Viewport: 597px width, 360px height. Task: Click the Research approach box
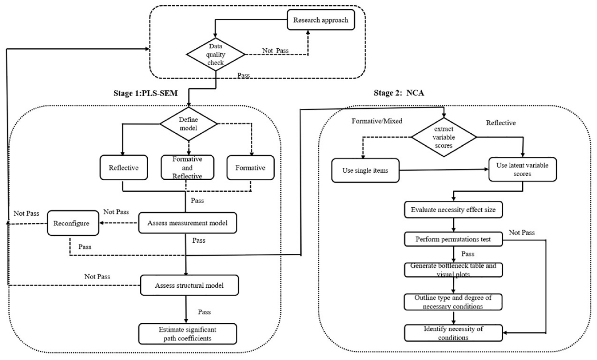[x=320, y=20]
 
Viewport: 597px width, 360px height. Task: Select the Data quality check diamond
[x=216, y=54]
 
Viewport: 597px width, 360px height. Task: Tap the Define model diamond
[x=189, y=124]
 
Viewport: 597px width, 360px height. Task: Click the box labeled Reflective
[x=123, y=167]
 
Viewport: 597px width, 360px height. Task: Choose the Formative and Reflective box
[x=187, y=167]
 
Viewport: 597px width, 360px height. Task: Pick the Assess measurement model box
[x=187, y=223]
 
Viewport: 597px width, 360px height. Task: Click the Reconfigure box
[x=73, y=223]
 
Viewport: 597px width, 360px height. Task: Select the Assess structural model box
[x=189, y=285]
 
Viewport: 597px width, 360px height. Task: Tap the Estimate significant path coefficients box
[x=187, y=334]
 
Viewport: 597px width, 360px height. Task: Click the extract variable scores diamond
[x=444, y=137]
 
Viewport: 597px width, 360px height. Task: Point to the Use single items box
[x=366, y=170]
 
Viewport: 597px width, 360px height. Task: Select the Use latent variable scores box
[x=523, y=169]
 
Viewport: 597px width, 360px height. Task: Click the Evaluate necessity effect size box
[x=453, y=209]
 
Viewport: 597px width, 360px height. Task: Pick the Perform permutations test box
[x=453, y=239]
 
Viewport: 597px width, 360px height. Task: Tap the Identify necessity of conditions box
[x=453, y=333]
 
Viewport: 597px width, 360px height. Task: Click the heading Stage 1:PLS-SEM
[x=146, y=93]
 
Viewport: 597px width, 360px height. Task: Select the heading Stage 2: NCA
[x=399, y=93]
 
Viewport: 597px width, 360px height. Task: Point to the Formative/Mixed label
[x=377, y=121]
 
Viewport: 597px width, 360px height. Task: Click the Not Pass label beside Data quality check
[x=275, y=50]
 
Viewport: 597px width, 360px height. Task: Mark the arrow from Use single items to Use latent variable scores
[x=444, y=170]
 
